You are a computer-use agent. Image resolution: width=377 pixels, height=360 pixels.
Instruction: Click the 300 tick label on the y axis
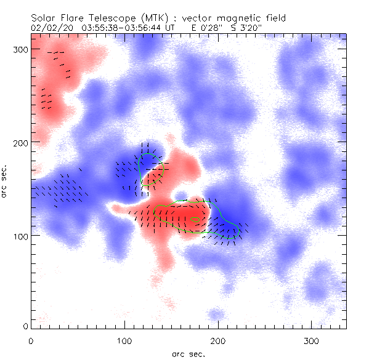pos(19,49)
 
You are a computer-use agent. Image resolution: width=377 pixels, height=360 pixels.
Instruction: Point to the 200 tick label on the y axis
pos(19,142)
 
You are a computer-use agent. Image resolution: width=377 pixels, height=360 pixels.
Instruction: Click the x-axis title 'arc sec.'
pos(188,353)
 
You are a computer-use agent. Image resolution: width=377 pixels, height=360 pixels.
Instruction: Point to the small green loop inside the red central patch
pos(195,220)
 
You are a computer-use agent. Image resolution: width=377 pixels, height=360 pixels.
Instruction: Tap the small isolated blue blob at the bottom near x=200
pos(216,315)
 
